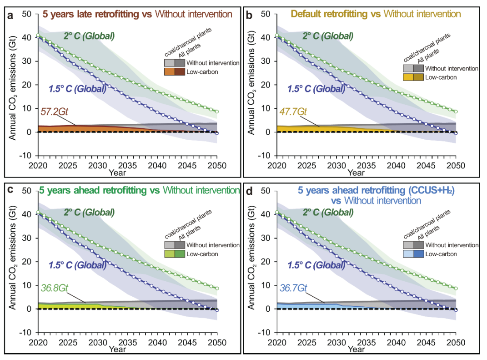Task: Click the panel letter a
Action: click(10, 15)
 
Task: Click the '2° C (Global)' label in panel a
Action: click(89, 35)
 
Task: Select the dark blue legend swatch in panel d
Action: click(419, 254)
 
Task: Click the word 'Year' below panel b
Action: click(356, 172)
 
